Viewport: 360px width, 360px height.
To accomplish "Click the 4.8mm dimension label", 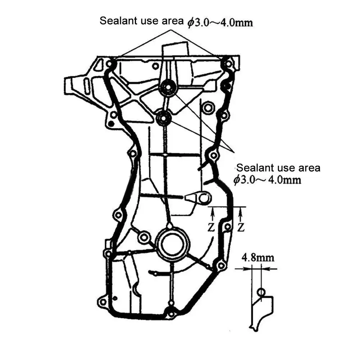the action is coord(258,258).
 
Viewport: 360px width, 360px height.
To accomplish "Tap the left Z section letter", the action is coord(211,227).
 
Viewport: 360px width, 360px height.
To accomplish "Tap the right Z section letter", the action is coord(241,227).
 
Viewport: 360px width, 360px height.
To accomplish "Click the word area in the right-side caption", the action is coord(309,168).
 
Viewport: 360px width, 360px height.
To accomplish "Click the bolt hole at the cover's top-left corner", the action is coord(110,63).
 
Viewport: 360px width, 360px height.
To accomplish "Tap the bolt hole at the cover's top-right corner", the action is coord(228,64).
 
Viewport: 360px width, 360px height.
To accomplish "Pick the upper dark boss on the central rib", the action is coord(168,87).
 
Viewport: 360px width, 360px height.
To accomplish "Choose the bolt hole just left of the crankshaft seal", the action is coord(144,237).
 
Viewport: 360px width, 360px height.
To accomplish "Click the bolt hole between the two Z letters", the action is coord(227,227).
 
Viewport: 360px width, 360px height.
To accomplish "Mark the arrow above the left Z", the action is coord(213,214).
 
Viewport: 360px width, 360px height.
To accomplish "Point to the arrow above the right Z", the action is coord(240,214).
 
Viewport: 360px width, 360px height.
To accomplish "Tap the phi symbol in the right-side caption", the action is coord(237,179).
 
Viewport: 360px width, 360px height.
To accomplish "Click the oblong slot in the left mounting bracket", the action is coord(87,86).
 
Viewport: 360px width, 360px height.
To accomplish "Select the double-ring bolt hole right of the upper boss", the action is coord(208,108).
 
